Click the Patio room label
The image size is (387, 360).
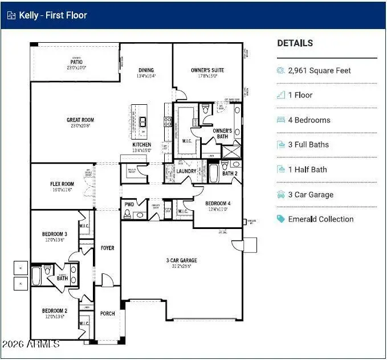point(76,62)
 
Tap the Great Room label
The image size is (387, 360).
point(80,120)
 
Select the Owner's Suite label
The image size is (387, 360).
point(207,71)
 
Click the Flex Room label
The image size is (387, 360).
point(62,184)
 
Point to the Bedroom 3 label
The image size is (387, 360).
point(54,234)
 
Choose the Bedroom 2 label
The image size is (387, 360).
point(54,311)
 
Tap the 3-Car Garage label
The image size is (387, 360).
point(182,260)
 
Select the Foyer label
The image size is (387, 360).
point(107,248)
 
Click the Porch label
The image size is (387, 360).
point(107,313)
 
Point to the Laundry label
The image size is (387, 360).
point(186,171)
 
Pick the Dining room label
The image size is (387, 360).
point(146,71)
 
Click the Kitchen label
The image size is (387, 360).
point(142,145)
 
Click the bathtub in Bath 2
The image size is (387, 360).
point(213,173)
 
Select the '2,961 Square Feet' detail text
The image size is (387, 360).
point(319,71)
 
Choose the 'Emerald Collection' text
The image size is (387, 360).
point(320,219)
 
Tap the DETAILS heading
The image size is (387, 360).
point(295,43)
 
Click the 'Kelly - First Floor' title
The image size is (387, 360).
point(53,15)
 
